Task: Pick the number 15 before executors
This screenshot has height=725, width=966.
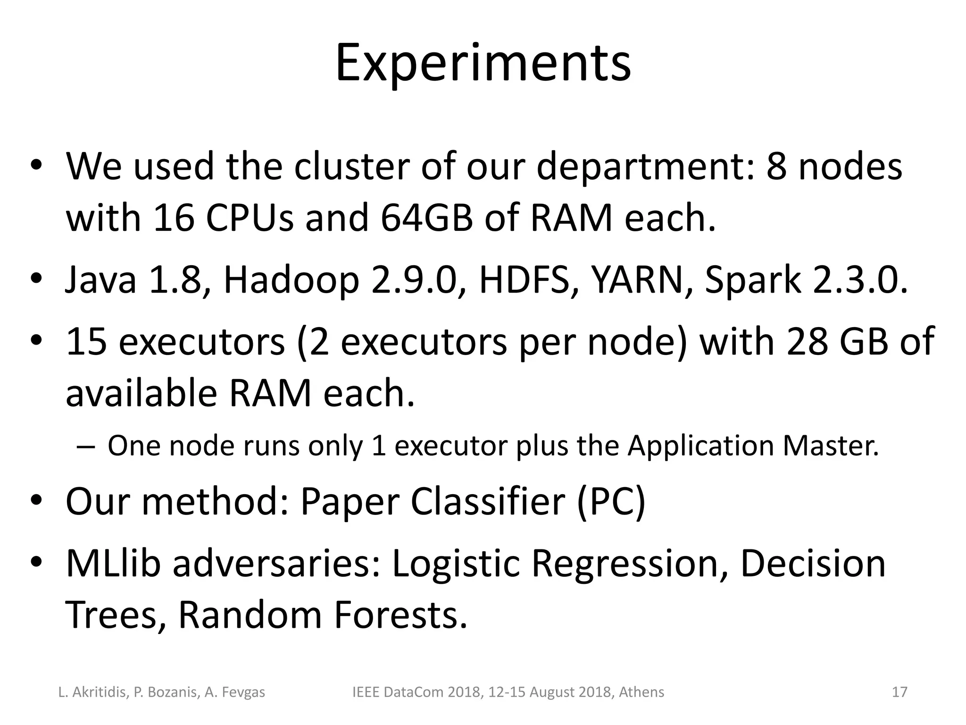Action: coord(85,341)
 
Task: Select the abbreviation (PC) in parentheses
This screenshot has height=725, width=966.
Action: coord(611,501)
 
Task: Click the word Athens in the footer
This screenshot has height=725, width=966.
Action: coord(641,692)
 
